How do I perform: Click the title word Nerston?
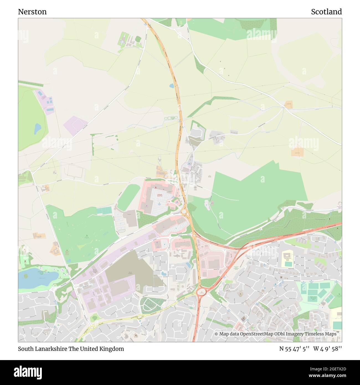click(32, 12)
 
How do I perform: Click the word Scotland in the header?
click(326, 12)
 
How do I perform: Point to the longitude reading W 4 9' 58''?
click(328, 349)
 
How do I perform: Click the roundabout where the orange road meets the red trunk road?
click(201, 291)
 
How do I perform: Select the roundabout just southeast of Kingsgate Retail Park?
click(184, 212)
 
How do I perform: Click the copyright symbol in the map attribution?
click(216, 334)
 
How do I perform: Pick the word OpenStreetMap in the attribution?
click(253, 334)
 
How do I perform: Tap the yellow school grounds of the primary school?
click(288, 259)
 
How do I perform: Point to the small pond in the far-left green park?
click(37, 129)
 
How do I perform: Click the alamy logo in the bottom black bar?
click(28, 372)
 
